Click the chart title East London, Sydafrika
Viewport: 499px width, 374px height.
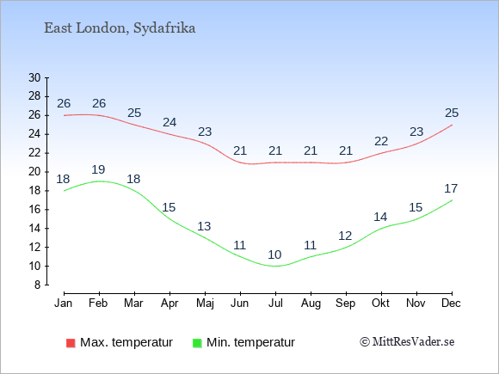(120, 28)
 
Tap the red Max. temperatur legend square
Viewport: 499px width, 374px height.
(71, 343)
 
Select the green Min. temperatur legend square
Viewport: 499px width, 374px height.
(197, 343)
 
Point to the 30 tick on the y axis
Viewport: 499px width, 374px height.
(34, 77)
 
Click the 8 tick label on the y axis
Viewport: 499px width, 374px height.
(38, 285)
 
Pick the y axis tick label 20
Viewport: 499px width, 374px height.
(34, 172)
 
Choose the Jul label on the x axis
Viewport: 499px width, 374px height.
(275, 303)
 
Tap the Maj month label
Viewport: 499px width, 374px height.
(205, 303)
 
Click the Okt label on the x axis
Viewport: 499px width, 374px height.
(381, 303)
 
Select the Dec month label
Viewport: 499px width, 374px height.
(452, 303)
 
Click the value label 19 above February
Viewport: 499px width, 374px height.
(98, 169)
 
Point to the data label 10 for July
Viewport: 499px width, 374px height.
(274, 254)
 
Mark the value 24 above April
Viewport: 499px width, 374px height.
(169, 122)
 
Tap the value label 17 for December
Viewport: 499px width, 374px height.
(451, 188)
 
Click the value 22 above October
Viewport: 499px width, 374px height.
(381, 141)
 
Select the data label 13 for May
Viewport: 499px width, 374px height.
(204, 226)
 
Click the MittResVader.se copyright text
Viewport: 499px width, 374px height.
(407, 342)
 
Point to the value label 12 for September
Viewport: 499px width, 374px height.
(345, 236)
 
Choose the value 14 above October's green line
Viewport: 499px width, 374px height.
(380, 217)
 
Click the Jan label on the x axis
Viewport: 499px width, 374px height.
(64, 303)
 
